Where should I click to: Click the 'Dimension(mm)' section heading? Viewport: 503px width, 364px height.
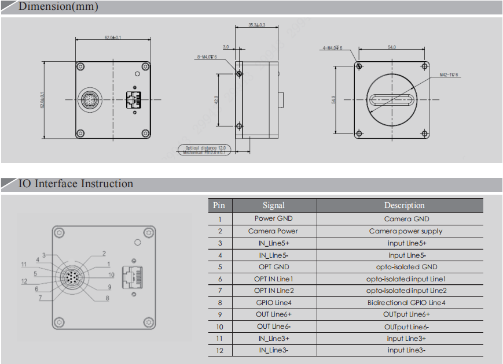pos(58,8)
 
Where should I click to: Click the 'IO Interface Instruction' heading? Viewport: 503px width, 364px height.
pos(76,184)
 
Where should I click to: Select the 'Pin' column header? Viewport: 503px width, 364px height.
pos(219,205)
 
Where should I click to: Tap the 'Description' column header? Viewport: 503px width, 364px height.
pos(404,205)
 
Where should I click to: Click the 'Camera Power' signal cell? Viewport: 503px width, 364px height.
pos(273,231)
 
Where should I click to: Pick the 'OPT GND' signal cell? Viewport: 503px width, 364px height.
pos(273,267)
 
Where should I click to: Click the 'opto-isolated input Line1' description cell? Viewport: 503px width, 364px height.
pos(406,279)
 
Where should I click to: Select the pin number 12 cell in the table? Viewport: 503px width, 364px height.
pos(219,351)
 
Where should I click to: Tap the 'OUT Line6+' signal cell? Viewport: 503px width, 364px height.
pos(273,315)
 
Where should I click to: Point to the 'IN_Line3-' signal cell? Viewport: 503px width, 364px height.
pos(273,351)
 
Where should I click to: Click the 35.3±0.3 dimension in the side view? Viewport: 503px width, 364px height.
pos(256,25)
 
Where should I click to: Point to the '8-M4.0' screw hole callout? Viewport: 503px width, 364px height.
pos(207,57)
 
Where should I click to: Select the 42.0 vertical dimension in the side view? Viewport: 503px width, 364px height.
pos(216,100)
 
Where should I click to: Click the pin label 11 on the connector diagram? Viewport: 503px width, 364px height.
pos(24,265)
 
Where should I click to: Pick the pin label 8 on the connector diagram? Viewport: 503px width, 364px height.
pos(107,298)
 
